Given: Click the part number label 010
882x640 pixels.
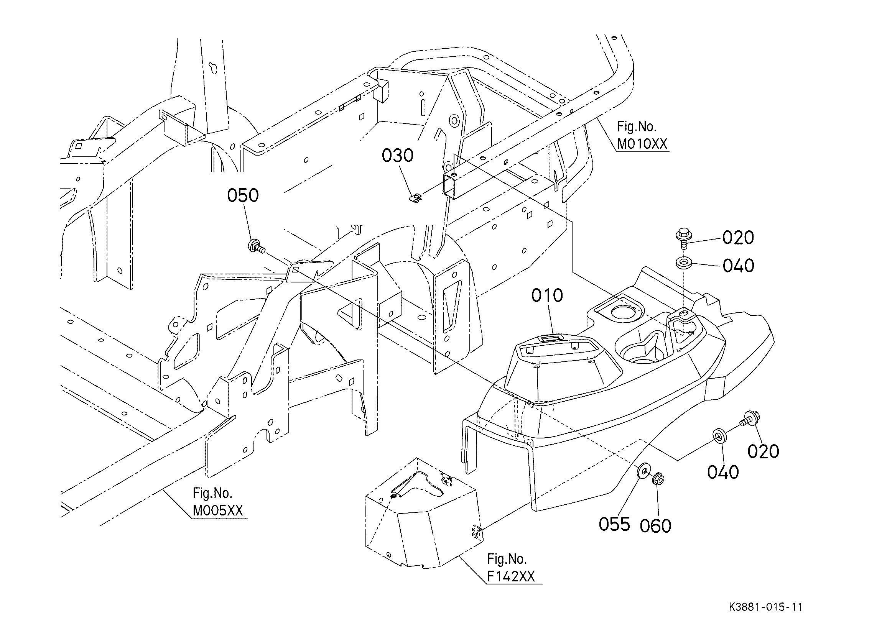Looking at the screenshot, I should click(x=547, y=296).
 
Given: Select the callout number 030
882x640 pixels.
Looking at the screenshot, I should click(x=397, y=156).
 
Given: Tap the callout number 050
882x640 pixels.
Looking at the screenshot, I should click(x=243, y=195).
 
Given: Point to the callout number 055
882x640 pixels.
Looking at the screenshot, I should click(x=614, y=524).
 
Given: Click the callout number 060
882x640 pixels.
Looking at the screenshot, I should click(x=656, y=526).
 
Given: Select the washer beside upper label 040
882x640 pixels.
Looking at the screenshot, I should click(x=683, y=262).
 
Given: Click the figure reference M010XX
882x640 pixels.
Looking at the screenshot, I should click(x=642, y=144).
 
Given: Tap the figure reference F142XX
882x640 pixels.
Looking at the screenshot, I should click(x=511, y=576).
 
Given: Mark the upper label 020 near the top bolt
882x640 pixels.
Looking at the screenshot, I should click(x=738, y=238).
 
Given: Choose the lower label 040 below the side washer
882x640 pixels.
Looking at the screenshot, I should click(x=722, y=472).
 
